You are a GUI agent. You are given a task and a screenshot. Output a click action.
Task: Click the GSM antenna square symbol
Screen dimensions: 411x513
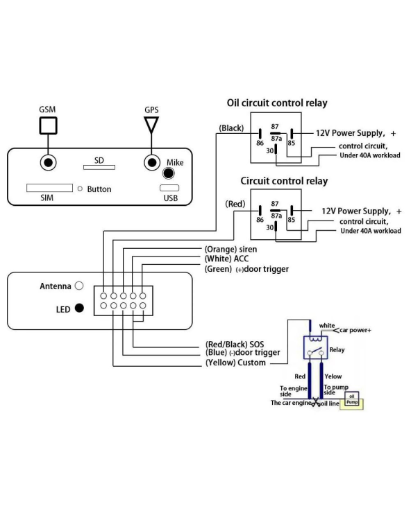click(x=48, y=125)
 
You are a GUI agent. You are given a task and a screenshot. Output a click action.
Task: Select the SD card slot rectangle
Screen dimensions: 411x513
click(x=99, y=168)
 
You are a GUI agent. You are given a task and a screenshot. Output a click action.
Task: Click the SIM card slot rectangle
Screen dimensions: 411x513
click(x=49, y=188)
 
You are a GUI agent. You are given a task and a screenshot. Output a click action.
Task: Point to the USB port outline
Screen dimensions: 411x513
click(x=169, y=188)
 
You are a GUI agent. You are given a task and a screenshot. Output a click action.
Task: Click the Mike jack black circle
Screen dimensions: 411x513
click(x=169, y=173)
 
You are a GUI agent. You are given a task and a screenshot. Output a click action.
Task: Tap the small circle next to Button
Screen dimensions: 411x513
click(x=80, y=189)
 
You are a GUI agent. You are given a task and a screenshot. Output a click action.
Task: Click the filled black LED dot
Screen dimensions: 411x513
click(x=79, y=308)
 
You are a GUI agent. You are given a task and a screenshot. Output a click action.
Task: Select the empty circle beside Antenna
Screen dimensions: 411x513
click(x=79, y=286)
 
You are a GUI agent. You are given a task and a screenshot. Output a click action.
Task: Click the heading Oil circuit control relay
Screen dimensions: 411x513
click(x=277, y=103)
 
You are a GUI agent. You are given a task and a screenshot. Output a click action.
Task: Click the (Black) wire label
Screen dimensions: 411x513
click(x=231, y=128)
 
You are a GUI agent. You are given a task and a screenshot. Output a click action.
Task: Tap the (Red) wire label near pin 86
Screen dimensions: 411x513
click(x=235, y=204)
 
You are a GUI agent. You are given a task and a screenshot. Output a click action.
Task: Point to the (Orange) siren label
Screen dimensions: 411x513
click(x=230, y=250)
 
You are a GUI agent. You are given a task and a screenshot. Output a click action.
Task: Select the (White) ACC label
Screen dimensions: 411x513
click(x=226, y=259)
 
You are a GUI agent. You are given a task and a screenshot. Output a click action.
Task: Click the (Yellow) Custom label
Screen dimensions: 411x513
click(x=235, y=363)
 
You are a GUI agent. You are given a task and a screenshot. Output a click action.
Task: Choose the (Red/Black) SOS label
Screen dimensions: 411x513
click(x=235, y=344)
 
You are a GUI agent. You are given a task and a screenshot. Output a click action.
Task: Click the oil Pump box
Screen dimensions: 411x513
click(x=352, y=399)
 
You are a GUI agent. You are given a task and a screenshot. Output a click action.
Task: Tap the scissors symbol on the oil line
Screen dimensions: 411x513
click(x=316, y=402)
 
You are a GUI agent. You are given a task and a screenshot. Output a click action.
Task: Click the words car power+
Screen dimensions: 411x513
click(x=355, y=330)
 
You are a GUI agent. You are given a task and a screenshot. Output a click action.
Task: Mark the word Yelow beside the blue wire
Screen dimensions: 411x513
click(x=333, y=376)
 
